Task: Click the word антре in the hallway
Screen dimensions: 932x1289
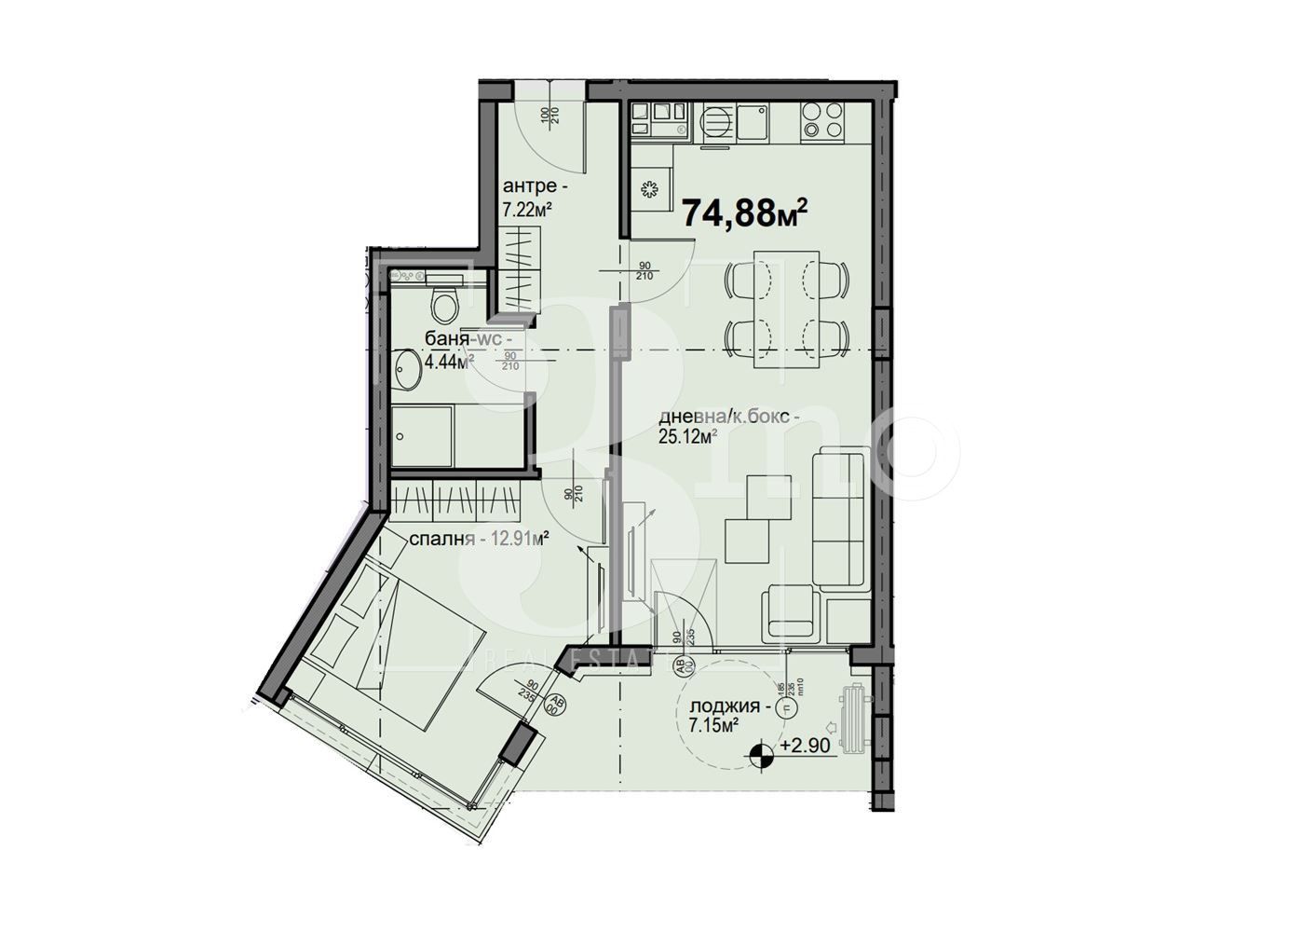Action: coord(530,185)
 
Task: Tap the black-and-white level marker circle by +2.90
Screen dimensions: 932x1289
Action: coord(762,753)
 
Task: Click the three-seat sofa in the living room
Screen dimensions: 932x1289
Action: coord(841,518)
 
